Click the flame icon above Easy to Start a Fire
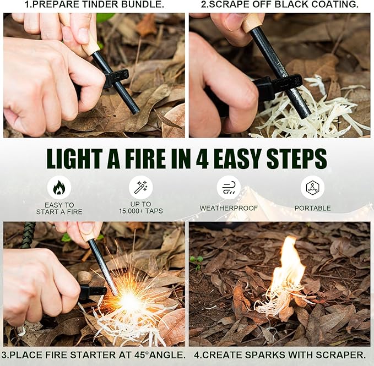tap(59, 187)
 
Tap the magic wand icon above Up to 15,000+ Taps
tap(140, 187)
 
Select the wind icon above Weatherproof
tap(229, 187)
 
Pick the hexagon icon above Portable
tap(312, 187)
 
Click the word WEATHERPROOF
tap(229, 208)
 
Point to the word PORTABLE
tap(312, 208)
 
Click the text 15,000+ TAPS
tap(140, 211)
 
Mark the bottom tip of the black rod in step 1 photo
tap(135, 112)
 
